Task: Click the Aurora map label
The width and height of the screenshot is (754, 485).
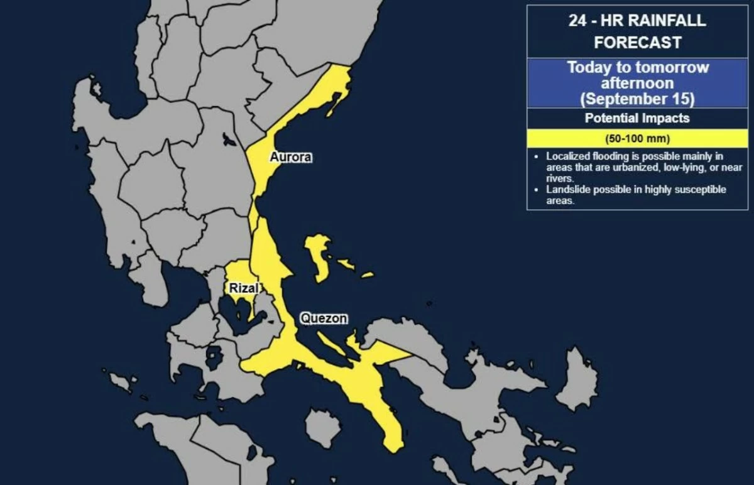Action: [290, 157]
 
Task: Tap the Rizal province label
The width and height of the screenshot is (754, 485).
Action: [243, 288]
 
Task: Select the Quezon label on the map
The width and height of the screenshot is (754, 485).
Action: [324, 319]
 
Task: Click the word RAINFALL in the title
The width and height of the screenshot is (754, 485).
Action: [667, 20]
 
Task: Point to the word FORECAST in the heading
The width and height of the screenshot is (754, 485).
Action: [637, 43]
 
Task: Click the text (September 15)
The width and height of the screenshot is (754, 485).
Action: [637, 99]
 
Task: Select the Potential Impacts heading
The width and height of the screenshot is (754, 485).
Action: [637, 118]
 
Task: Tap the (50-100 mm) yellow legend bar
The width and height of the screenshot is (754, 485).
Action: [637, 138]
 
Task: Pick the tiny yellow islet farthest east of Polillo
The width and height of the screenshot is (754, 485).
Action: [367, 275]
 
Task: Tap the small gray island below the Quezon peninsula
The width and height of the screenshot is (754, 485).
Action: [323, 427]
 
